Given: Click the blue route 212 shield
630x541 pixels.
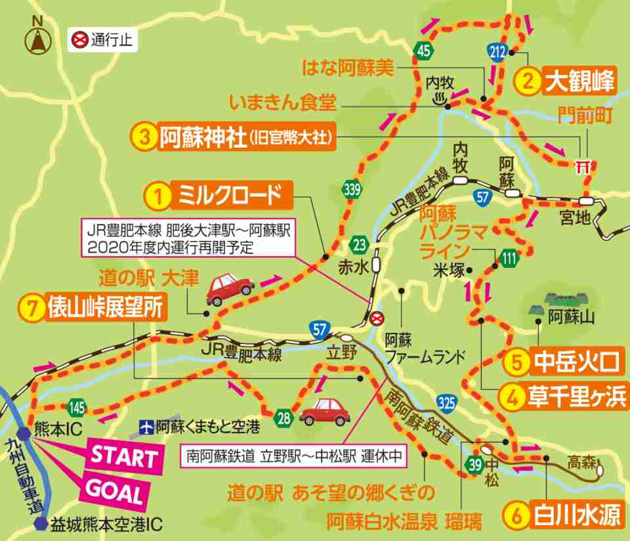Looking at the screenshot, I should [x=497, y=51].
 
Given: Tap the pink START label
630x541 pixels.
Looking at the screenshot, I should [x=124, y=457].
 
